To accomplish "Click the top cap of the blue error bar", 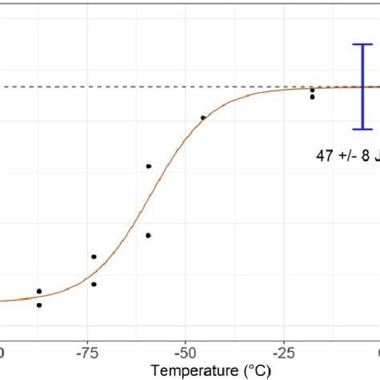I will click(363, 45).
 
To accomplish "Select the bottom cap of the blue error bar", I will click(363, 128).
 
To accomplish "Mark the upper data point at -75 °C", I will click(94, 257).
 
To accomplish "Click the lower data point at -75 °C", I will click(94, 284).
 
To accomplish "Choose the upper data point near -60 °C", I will click(148, 166).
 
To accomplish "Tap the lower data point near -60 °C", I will click(148, 235).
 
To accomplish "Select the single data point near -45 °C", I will click(203, 118).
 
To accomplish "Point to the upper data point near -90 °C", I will click(39, 291).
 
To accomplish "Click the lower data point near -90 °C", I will click(39, 305).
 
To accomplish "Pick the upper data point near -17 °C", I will click(313, 90).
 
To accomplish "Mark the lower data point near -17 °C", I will click(313, 97).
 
